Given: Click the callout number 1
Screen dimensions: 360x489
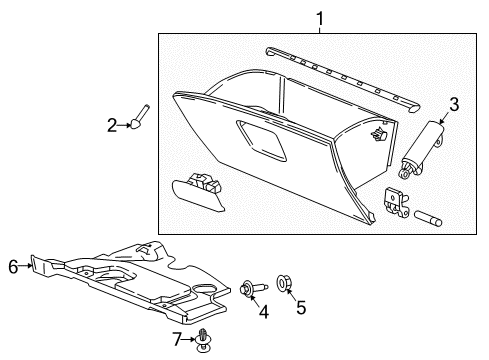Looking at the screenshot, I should coord(320,17).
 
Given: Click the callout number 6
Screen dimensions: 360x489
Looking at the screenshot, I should coord(13,266).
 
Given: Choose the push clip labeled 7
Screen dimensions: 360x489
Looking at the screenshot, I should coord(203,339).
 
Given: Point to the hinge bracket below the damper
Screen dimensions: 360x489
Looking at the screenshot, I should coord(396,201).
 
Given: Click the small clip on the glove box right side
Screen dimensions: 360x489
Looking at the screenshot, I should coord(377,133).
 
